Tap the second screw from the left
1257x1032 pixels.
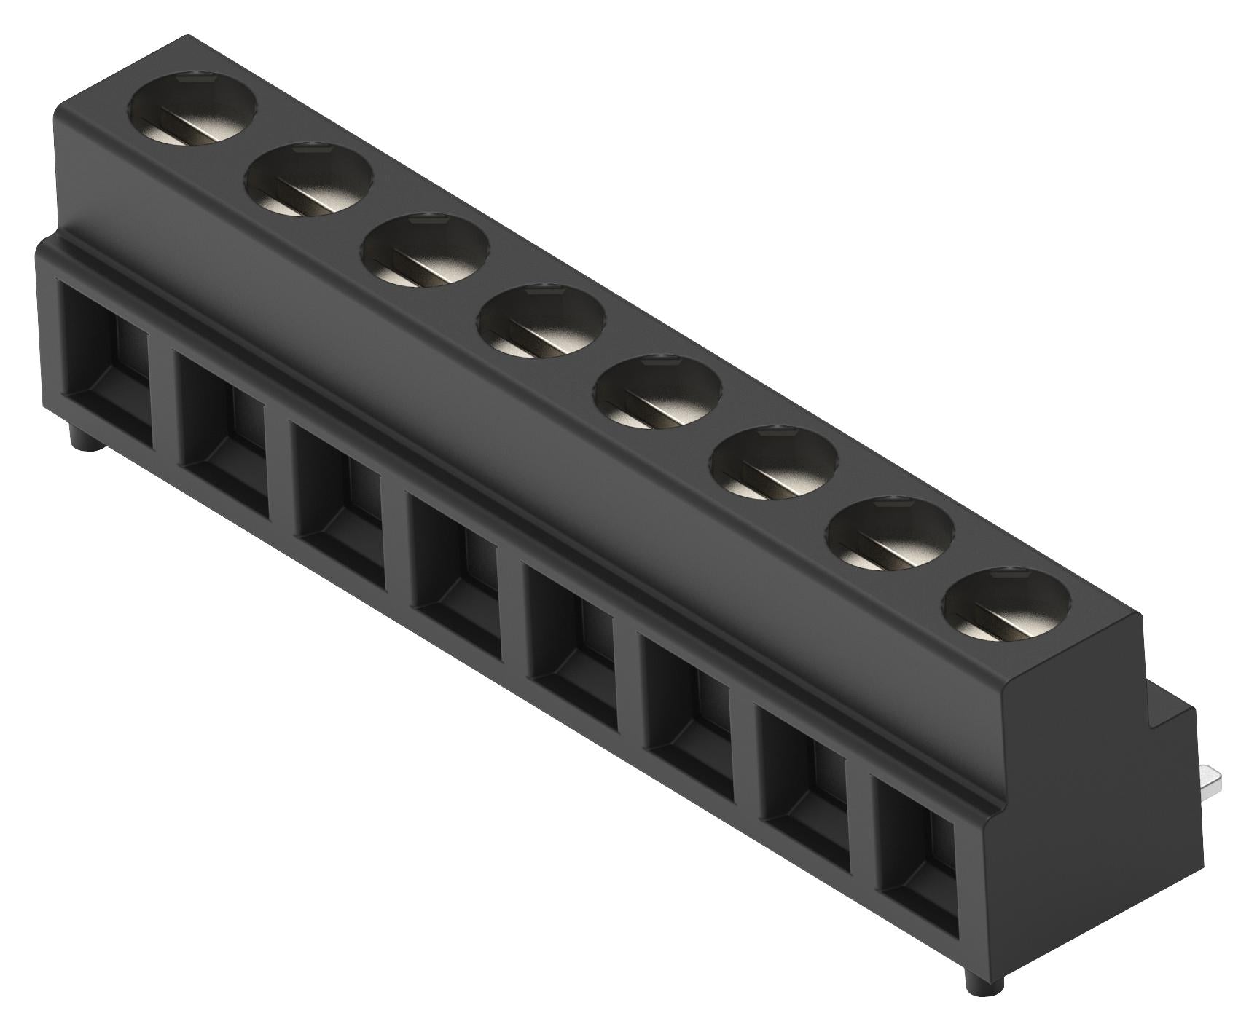click(310, 180)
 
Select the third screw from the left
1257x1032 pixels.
click(425, 250)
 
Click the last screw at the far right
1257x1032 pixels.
click(1006, 604)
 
